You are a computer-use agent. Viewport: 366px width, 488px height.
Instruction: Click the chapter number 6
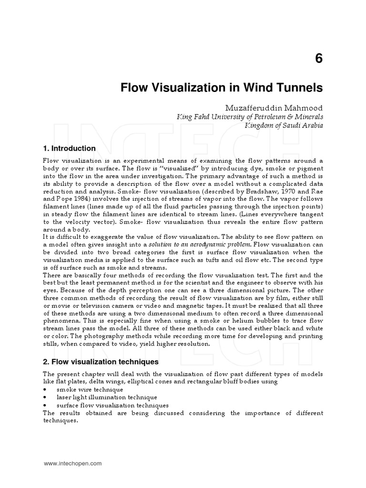318,58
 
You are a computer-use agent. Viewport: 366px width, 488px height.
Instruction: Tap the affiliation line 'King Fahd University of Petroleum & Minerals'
250,117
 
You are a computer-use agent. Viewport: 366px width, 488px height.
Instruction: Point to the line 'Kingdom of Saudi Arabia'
284,126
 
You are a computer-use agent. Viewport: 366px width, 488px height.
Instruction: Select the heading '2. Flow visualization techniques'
101,362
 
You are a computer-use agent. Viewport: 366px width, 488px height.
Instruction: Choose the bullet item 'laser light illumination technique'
106,397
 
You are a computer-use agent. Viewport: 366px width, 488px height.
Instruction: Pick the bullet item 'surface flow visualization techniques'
110,405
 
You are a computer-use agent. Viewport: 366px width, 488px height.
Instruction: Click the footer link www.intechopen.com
72,463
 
